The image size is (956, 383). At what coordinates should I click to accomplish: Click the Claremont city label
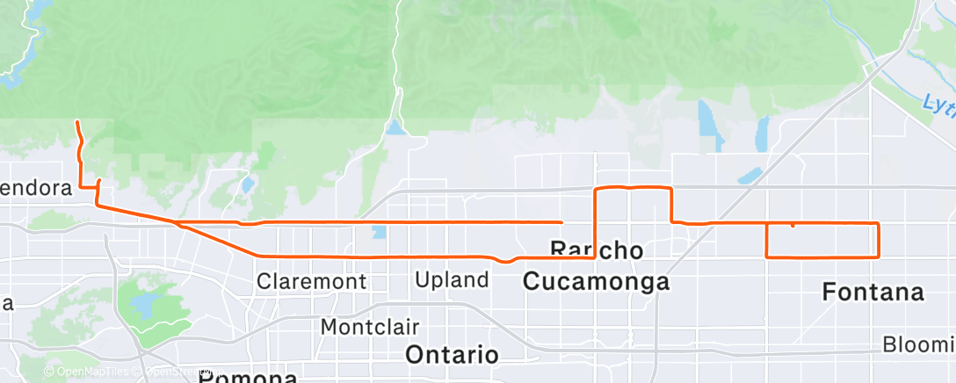[x=311, y=282]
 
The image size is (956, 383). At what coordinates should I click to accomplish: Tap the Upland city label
[x=452, y=280]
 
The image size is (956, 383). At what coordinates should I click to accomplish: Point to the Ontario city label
[x=452, y=355]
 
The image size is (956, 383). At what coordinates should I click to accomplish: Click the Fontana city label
[x=873, y=293]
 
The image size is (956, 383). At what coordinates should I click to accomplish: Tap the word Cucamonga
[x=596, y=281]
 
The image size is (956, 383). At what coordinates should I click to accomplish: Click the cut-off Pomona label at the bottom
[x=247, y=377]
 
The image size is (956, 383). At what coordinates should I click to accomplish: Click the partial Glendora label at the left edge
[x=35, y=188]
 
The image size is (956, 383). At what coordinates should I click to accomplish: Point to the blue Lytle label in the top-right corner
[x=938, y=104]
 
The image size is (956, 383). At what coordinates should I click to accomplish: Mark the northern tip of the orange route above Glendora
[x=78, y=122]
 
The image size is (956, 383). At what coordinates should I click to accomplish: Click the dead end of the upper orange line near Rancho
[x=561, y=221]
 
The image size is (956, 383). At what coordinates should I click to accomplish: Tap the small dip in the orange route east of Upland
[x=505, y=261]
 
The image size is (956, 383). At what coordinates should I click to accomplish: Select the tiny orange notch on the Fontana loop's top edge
[x=793, y=226]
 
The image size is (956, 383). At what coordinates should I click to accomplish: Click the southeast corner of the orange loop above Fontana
[x=878, y=257]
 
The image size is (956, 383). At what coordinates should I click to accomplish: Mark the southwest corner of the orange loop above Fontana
[x=768, y=257]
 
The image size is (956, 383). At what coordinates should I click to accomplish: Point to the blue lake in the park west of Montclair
[x=141, y=307]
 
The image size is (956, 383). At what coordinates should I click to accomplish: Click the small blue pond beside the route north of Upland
[x=379, y=233]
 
